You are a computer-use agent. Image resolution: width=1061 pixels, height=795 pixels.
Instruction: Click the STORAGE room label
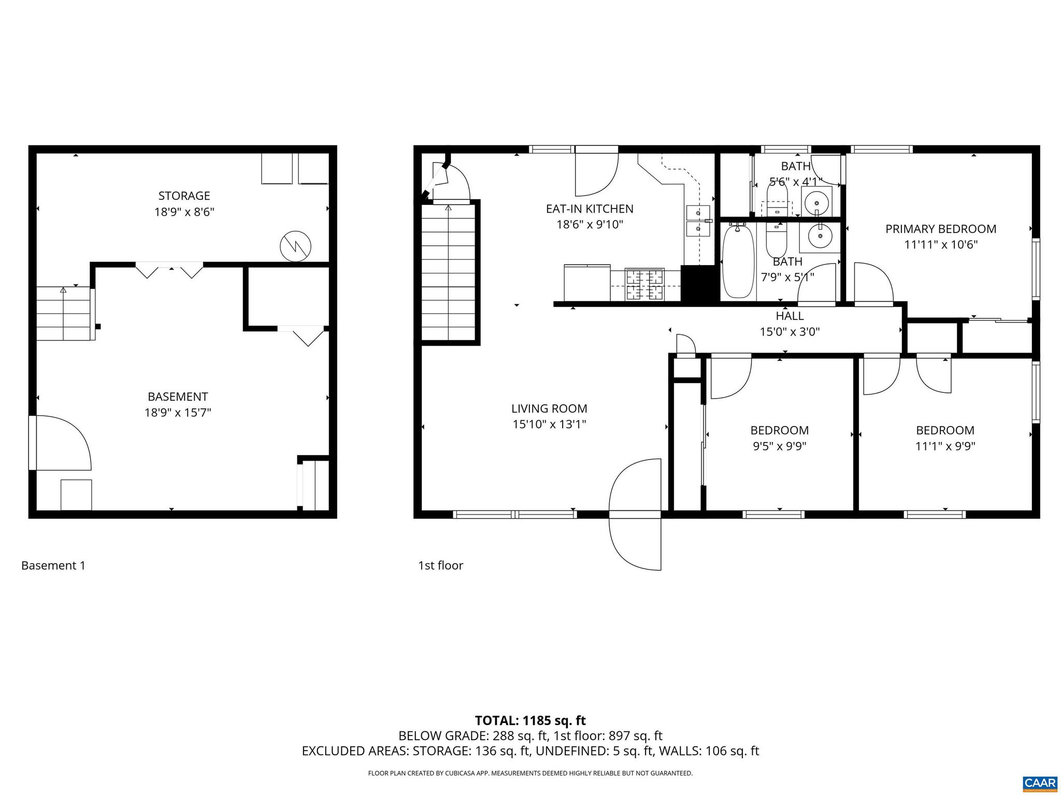(184, 196)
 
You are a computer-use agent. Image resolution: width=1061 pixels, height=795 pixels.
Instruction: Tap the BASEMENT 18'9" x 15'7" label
(178, 405)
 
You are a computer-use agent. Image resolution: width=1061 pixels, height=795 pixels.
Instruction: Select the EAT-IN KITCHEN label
(590, 209)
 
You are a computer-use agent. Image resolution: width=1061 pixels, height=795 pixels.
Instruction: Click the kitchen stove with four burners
(644, 284)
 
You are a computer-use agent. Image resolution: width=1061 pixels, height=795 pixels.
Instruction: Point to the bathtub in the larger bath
(738, 262)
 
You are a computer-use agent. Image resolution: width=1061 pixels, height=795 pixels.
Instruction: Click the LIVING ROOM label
(549, 409)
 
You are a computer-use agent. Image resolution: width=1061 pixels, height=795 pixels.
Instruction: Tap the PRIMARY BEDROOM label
(940, 229)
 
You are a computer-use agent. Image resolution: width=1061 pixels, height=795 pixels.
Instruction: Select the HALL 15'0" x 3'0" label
(790, 323)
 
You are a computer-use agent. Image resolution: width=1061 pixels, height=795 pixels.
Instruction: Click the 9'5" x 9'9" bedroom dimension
(779, 446)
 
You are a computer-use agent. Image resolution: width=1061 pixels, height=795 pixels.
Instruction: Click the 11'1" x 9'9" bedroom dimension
(945, 446)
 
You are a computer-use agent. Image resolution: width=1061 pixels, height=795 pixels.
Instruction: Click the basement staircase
(64, 314)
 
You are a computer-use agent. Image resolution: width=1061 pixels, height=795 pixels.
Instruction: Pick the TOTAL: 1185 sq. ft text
(530, 720)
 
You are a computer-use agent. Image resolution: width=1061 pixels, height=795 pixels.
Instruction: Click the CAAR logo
(1040, 783)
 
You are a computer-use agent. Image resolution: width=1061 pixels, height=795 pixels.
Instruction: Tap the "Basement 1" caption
(53, 566)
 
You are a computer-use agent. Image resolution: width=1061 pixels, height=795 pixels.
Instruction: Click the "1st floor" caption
(440, 566)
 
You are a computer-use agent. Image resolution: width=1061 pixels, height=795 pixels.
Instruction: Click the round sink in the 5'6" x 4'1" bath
(816, 200)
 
